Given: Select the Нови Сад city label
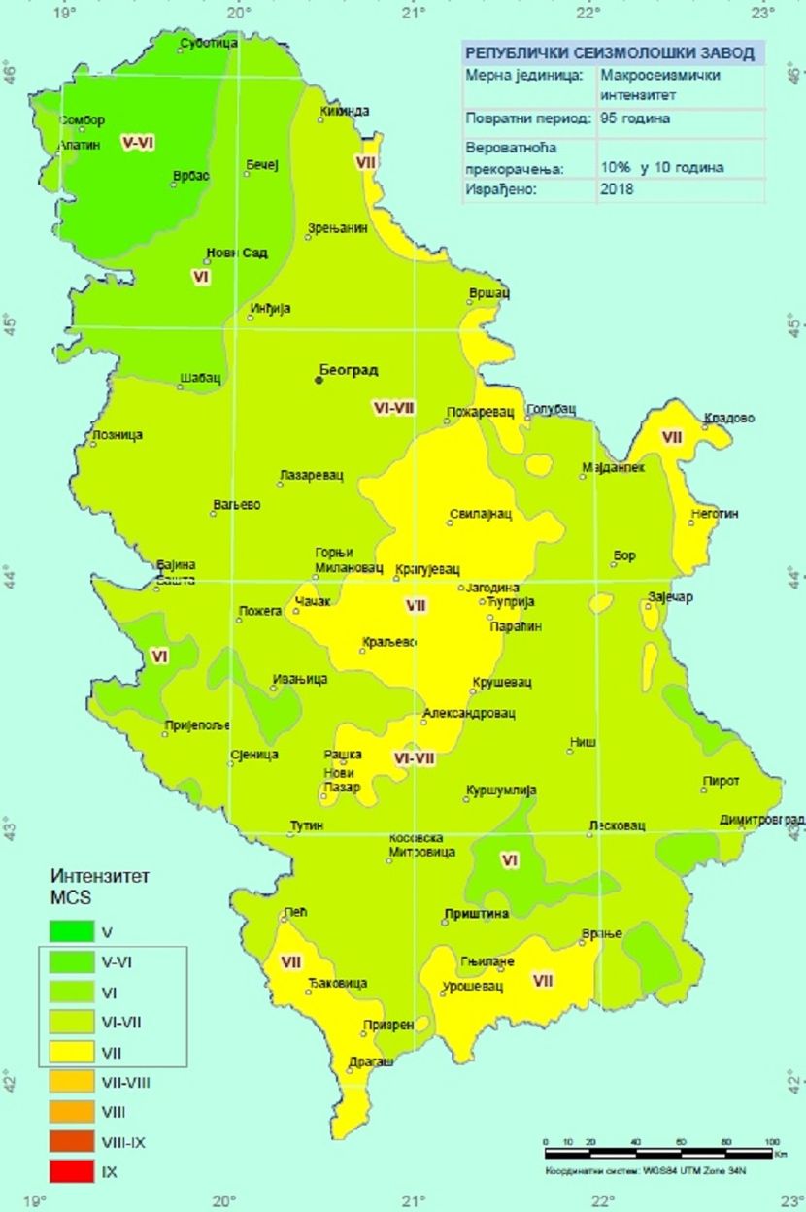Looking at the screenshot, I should point(236,253).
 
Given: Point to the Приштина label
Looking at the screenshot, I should point(476,914).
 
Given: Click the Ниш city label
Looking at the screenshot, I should point(583,742).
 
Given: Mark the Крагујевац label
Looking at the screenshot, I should point(428,569).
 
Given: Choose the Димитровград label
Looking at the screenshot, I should point(762,820).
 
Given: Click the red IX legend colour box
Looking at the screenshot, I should point(72,1172).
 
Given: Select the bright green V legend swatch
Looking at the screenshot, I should point(72,932).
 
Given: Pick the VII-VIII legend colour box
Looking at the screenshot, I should point(72,1082).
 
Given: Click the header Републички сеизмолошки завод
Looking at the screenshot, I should point(612,53).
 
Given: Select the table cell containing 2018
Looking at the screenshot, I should point(617,189).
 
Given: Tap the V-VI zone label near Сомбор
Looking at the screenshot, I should point(139,142).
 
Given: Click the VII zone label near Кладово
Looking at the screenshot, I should point(672,437).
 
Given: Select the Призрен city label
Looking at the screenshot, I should point(388,1025).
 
